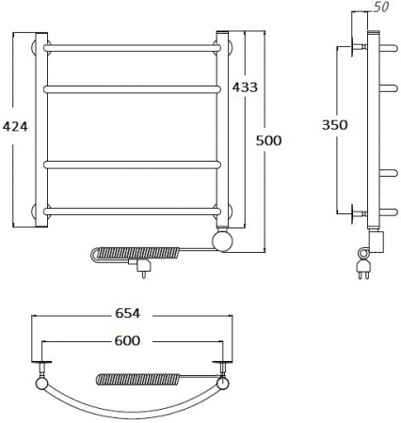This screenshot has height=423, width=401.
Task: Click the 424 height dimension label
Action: [x=15, y=126]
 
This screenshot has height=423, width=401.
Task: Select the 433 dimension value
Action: [x=245, y=87]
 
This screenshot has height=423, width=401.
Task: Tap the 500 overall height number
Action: [x=268, y=140]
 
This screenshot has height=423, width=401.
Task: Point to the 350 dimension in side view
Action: [x=335, y=125]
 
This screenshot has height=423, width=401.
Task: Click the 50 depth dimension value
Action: [x=381, y=8]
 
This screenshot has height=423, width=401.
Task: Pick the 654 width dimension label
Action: [x=127, y=313]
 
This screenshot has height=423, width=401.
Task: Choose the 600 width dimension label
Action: [x=127, y=340]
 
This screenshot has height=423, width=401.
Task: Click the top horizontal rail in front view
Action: [x=132, y=48]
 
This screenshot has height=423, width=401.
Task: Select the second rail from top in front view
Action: [x=132, y=89]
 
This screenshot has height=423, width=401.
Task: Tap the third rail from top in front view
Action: [x=132, y=164]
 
